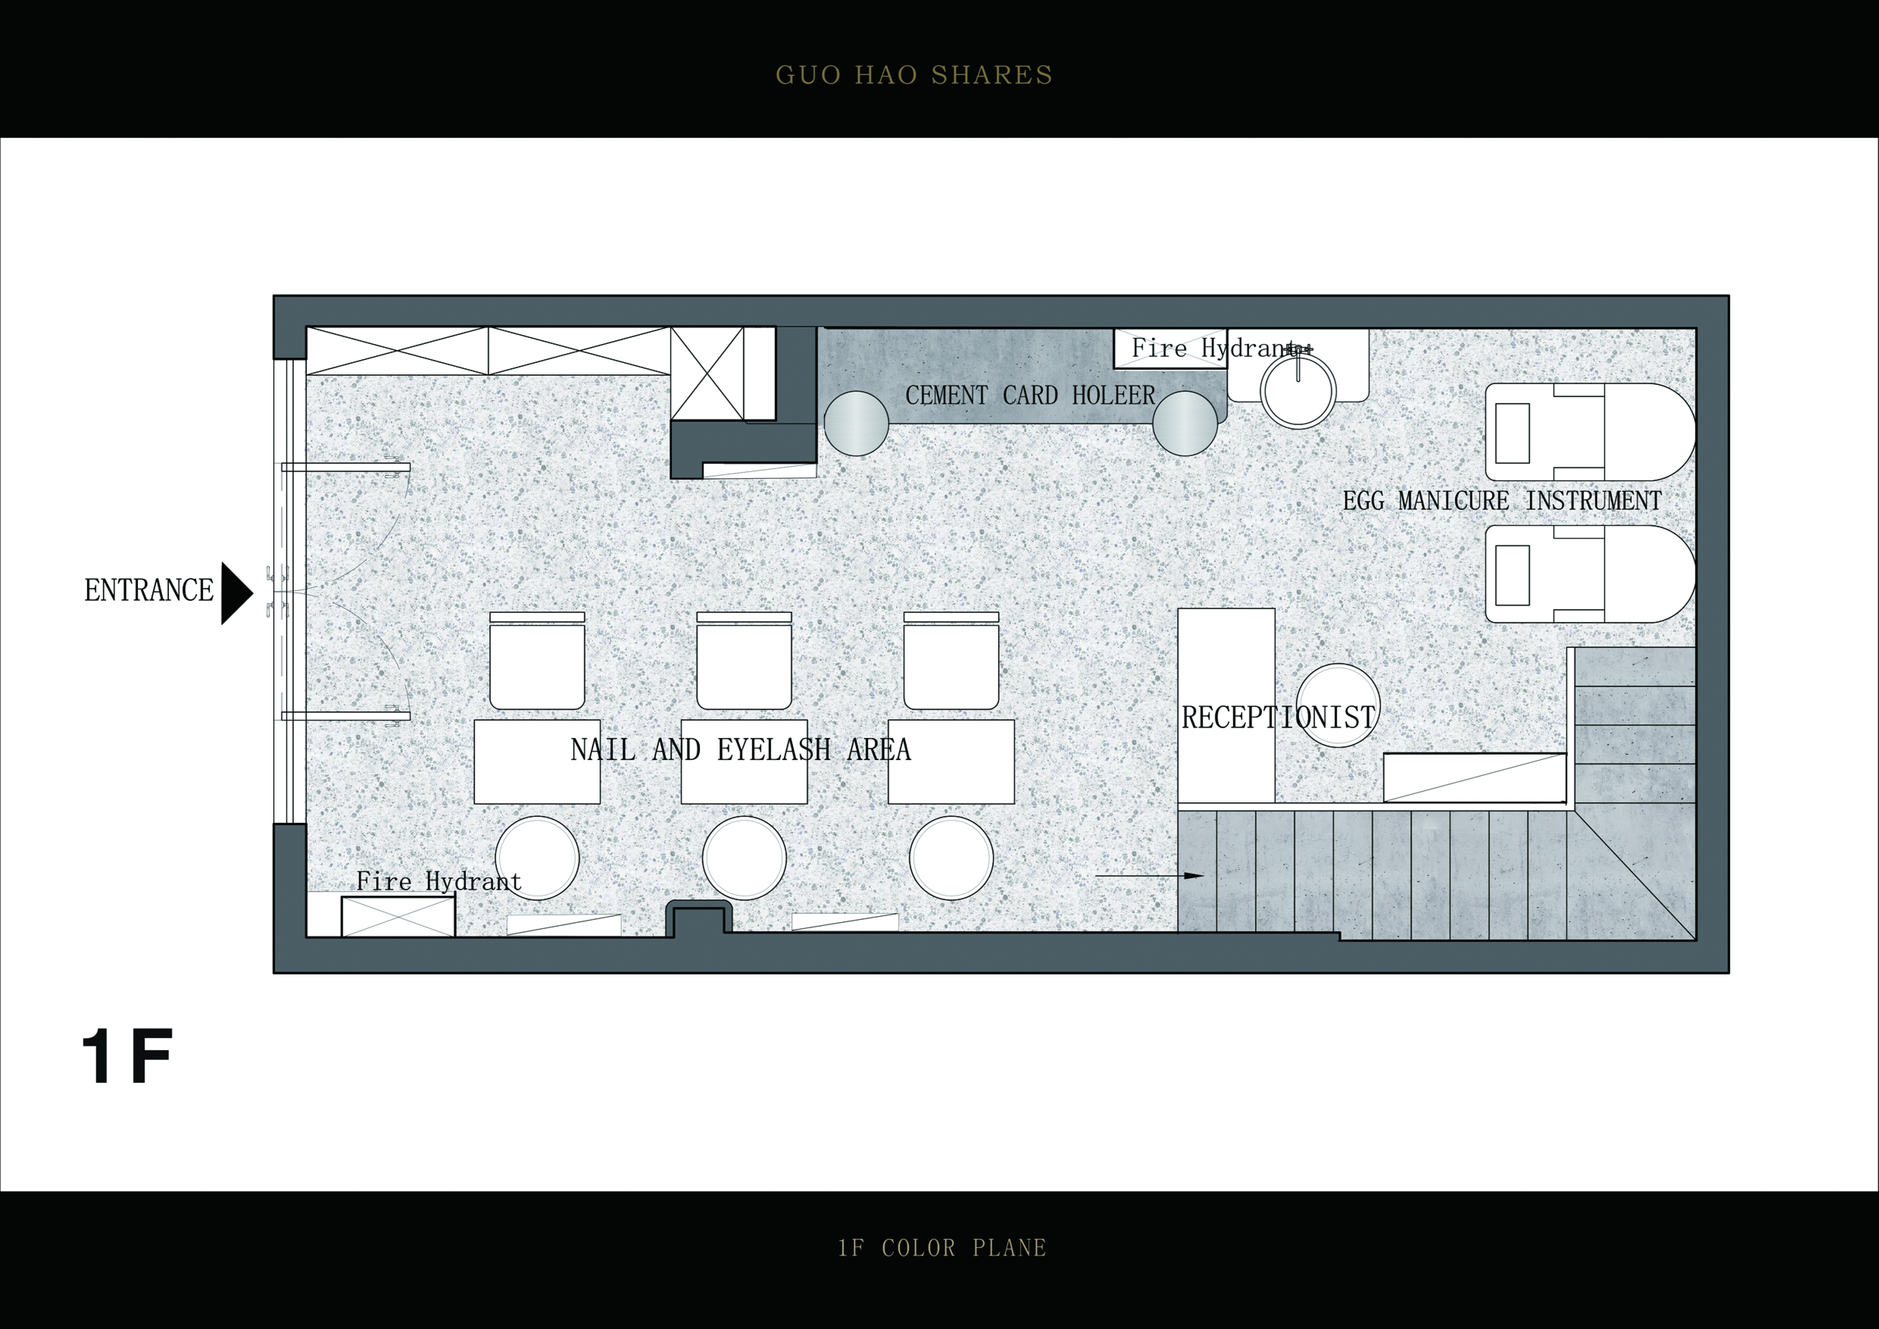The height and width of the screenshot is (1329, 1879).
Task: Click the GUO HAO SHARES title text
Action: click(x=914, y=75)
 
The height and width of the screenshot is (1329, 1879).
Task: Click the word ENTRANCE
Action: click(x=149, y=590)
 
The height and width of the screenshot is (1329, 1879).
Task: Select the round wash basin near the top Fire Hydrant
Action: click(x=1298, y=390)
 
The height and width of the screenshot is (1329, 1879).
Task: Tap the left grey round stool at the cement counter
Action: click(x=856, y=423)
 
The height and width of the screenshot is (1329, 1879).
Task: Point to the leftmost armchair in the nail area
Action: click(x=537, y=660)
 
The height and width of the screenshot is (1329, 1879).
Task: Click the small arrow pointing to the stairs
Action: click(x=1149, y=876)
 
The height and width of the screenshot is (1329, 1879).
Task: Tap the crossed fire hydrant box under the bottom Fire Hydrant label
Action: click(x=398, y=916)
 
